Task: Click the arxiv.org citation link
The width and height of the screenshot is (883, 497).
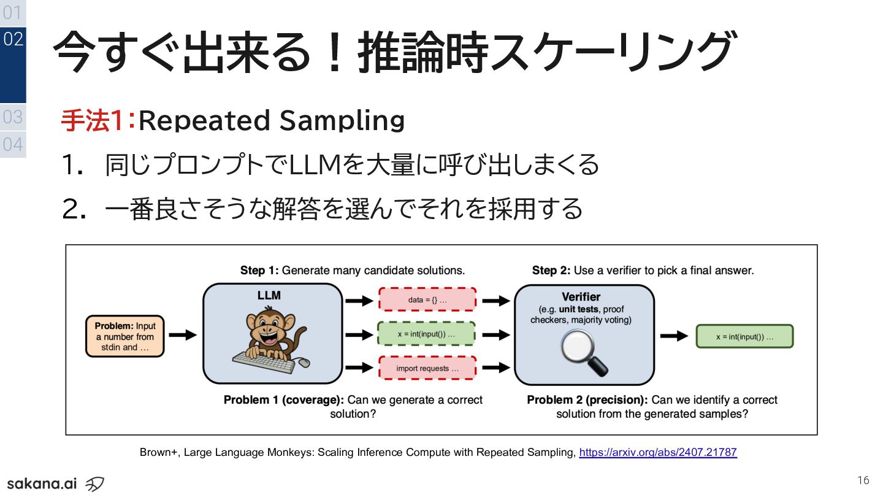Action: click(x=658, y=453)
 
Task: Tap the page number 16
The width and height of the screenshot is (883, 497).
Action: click(x=863, y=480)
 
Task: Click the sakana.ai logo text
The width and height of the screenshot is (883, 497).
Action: click(x=42, y=483)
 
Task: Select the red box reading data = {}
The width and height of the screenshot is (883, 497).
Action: click(x=427, y=301)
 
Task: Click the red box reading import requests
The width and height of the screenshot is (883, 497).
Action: click(x=427, y=369)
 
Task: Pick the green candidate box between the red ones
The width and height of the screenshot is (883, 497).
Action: click(x=427, y=335)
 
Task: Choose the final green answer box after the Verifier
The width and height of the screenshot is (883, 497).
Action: click(x=744, y=337)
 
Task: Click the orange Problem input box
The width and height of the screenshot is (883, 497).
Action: click(x=125, y=336)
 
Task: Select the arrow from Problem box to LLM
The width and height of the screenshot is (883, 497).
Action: click(x=182, y=335)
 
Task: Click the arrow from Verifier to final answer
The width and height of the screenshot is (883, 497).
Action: click(x=674, y=336)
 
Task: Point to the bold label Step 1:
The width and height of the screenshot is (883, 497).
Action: click(x=259, y=270)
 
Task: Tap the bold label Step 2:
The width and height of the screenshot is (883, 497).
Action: click(x=551, y=270)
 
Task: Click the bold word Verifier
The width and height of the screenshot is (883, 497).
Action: click(x=581, y=297)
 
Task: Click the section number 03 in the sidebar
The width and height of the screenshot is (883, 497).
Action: click(x=13, y=117)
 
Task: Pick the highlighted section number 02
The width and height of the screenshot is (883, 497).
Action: click(x=13, y=40)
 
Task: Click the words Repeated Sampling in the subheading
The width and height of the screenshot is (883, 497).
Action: click(x=272, y=121)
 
